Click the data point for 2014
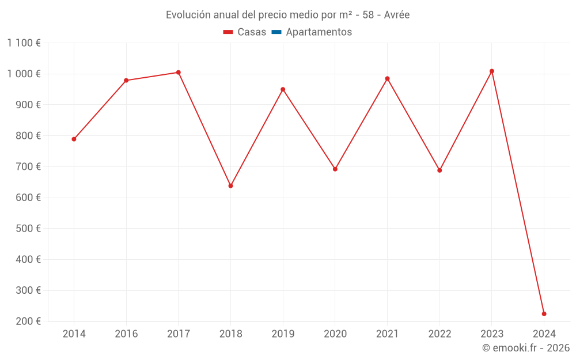tap(74, 139)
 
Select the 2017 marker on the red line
tap(179, 73)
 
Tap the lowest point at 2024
tap(544, 314)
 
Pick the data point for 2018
tap(230, 185)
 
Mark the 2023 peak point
tap(492, 71)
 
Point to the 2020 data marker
tap(335, 169)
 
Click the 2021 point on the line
tap(387, 78)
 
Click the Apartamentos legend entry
tap(319, 32)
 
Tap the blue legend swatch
tap(276, 32)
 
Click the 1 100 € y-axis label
tap(24, 43)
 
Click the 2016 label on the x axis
tap(126, 334)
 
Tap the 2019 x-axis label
tap(283, 334)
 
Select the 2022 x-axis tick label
tap(439, 334)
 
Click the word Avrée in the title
tap(397, 15)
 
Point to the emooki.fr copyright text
tap(526, 348)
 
